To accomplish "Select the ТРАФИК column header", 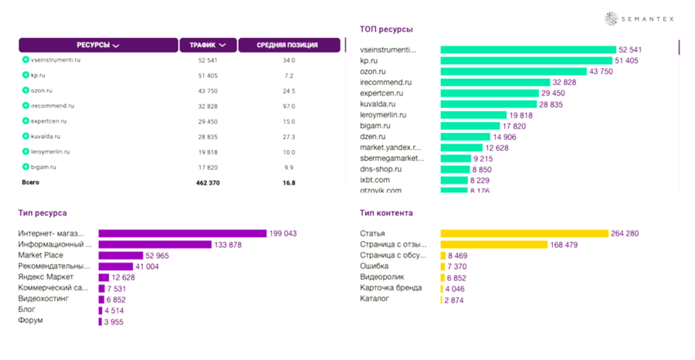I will (207, 45).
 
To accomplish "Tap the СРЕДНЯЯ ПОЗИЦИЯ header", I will (288, 45).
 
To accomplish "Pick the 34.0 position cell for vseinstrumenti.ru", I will (289, 59).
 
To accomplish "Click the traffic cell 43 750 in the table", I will (207, 90).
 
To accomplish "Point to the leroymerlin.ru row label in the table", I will (50, 151).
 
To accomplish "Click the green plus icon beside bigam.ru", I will (25, 167).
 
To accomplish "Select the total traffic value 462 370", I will (207, 183).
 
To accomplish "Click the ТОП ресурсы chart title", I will (385, 29).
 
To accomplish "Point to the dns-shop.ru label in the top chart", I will (381, 169).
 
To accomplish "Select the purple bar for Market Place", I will (120, 255).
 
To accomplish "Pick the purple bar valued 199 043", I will (182, 233).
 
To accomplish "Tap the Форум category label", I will (31, 320).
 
